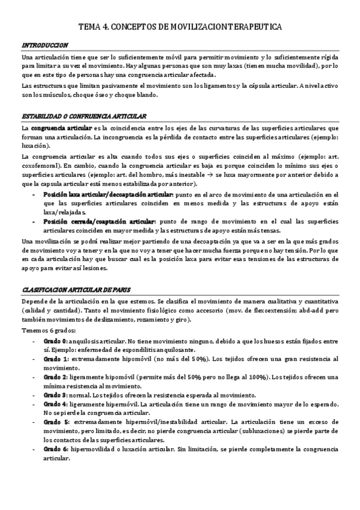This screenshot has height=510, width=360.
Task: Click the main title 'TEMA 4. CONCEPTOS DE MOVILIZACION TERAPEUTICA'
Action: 180,28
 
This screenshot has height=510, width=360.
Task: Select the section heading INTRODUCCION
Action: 44,45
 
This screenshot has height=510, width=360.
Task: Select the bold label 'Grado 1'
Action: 56,359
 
